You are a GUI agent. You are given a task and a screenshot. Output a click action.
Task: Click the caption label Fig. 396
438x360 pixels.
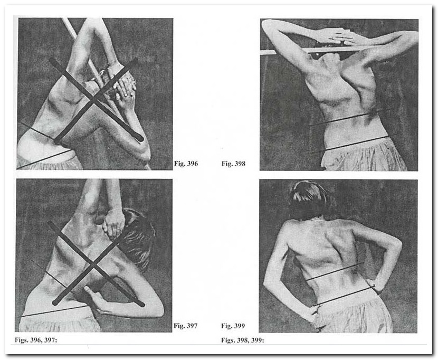186,164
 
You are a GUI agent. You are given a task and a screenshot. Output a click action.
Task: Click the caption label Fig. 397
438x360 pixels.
185,326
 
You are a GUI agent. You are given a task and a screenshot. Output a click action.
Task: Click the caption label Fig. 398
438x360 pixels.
233,164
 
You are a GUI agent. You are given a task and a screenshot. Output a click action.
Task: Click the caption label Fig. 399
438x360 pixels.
233,326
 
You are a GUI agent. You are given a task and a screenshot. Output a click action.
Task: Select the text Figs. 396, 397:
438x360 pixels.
36,340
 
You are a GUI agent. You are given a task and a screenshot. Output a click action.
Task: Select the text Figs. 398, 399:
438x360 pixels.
242,340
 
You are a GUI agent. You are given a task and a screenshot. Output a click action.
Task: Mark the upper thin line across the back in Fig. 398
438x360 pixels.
350,118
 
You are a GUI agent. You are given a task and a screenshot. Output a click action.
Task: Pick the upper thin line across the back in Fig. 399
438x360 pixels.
335,271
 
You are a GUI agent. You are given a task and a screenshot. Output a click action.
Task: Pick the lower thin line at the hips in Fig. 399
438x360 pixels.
344,295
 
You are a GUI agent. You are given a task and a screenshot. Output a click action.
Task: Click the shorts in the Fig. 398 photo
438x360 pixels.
363,155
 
